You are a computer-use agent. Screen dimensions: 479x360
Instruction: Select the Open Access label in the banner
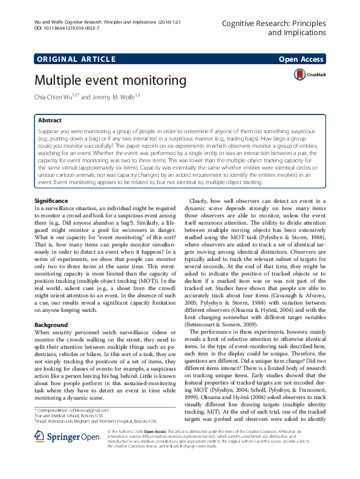pyautogui.click(x=302, y=59)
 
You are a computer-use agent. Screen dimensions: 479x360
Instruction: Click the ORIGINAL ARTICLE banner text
pyautogui.click(x=76, y=59)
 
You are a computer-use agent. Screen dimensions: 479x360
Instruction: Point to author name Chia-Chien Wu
pyautogui.click(x=56, y=96)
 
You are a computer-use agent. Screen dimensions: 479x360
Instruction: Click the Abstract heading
pyautogui.click(x=50, y=121)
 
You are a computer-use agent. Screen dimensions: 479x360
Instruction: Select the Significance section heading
pyautogui.click(x=52, y=200)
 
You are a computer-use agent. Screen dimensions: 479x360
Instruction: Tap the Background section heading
pyautogui.click(x=51, y=325)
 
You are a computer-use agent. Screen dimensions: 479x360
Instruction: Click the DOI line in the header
pyautogui.click(x=67, y=28)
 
